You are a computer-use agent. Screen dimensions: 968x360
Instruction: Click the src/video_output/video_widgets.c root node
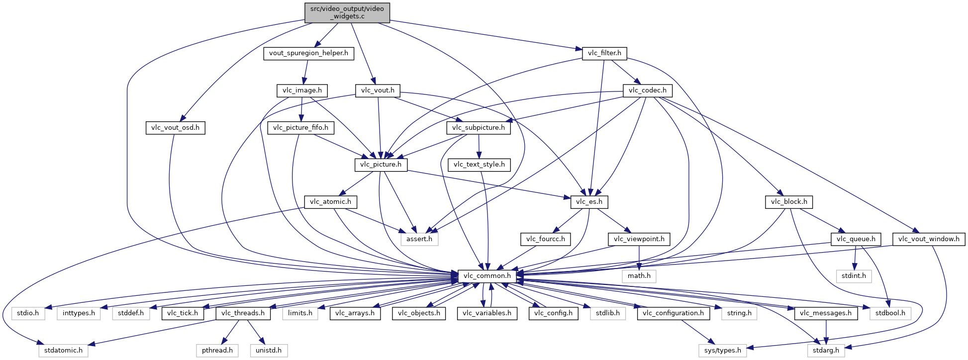(347, 12)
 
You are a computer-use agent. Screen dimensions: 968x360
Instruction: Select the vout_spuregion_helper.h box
(308, 53)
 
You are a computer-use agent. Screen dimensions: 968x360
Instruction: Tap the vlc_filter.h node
(604, 53)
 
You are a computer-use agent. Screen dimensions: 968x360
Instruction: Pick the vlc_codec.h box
(647, 90)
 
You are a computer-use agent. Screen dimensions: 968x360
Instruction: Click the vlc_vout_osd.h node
(175, 128)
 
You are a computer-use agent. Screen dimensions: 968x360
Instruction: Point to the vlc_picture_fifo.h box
(300, 128)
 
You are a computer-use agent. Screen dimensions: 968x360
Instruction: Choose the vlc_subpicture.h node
(479, 128)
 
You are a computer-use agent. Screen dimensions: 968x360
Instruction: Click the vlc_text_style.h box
(479, 165)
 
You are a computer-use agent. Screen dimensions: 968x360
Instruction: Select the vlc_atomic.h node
(330, 202)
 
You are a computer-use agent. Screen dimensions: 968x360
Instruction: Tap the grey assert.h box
(419, 239)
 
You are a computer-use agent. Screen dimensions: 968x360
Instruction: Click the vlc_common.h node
(487, 276)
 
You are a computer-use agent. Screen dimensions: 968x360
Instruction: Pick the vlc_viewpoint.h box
(639, 239)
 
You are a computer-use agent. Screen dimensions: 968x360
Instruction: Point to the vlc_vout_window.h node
(929, 239)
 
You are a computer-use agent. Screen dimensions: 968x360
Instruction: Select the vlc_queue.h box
(856, 239)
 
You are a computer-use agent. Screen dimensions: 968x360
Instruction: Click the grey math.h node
(639, 276)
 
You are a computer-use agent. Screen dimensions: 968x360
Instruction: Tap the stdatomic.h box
(63, 351)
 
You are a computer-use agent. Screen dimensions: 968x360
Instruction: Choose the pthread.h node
(217, 351)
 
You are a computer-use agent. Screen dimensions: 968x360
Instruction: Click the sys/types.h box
(722, 351)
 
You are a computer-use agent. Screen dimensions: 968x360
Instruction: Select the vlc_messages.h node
(826, 313)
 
